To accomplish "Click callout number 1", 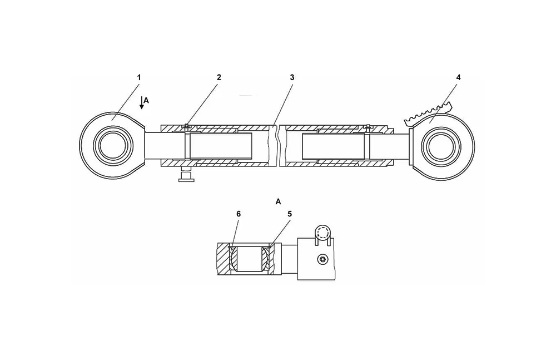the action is coord(139,77).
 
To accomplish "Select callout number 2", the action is coord(219,77).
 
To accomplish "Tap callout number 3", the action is coord(292,77).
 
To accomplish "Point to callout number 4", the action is coord(458,77).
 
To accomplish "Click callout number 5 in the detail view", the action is coord(289,214).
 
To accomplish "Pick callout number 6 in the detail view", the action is coord(239,214).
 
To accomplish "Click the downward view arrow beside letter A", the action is coord(141,102).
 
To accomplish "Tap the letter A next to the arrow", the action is coord(146,101).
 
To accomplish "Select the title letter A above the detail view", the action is coord(278,201).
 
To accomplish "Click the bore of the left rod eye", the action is coord(113,146).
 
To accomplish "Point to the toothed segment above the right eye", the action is coord(428,115).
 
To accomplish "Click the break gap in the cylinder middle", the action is coord(276,145).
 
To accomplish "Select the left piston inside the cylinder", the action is coord(221,146).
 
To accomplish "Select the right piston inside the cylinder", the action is coord(333,146).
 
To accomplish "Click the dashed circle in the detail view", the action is coord(323,233).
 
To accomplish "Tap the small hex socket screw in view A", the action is coord(322,260).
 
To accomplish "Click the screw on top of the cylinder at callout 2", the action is coord(186,126).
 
